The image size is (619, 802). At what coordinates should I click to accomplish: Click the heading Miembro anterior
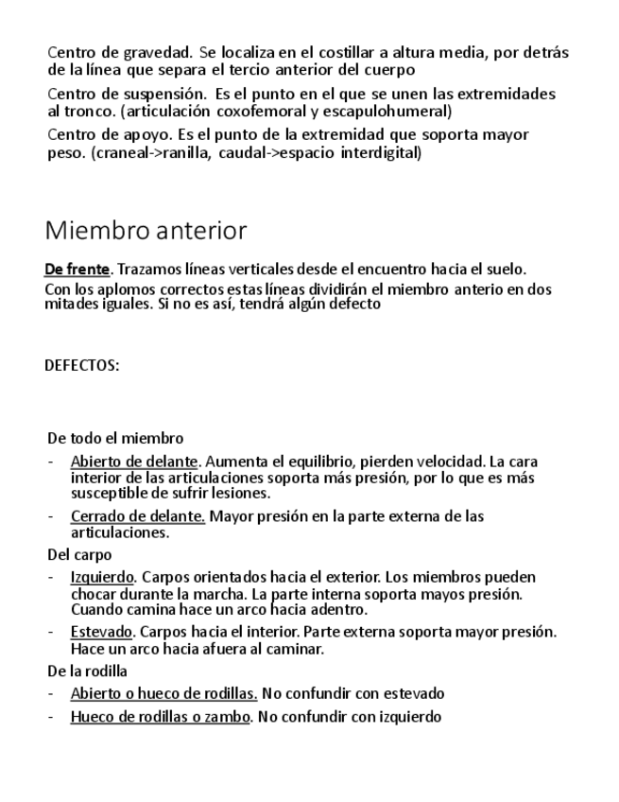click(146, 230)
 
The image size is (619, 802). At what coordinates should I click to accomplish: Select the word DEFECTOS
click(82, 365)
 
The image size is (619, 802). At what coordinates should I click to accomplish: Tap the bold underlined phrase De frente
click(77, 270)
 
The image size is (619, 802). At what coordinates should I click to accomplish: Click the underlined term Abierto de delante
click(134, 462)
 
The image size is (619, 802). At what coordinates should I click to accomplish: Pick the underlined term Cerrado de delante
click(138, 516)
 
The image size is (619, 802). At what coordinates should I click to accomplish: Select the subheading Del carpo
click(79, 555)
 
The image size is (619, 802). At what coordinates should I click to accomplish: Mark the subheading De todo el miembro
click(115, 438)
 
